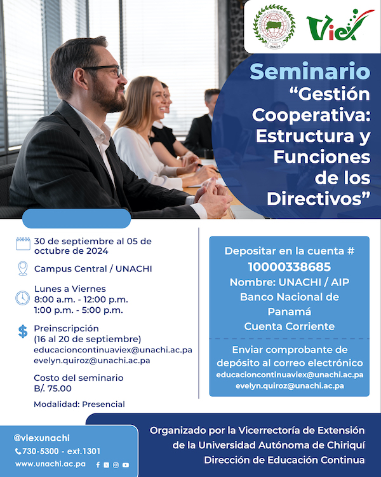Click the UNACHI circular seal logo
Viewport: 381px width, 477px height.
click(274, 27)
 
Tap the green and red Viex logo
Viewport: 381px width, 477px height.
click(340, 25)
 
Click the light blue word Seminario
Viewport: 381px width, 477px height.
click(310, 71)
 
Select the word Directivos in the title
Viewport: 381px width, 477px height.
click(319, 198)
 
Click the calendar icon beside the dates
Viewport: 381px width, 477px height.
click(23, 244)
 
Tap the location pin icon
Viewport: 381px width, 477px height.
click(23, 268)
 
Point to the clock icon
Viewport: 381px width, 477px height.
click(22, 298)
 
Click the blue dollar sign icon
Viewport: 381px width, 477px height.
click(23, 331)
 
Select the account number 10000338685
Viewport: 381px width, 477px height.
click(290, 267)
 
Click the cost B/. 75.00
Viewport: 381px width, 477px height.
click(53, 389)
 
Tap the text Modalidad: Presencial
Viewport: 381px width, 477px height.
click(79, 404)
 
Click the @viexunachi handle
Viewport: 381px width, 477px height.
click(42, 438)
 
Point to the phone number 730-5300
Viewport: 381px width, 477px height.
click(41, 451)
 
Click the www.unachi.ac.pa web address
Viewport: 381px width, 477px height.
click(50, 464)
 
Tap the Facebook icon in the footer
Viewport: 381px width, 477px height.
click(98, 465)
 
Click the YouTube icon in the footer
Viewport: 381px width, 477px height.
click(126, 465)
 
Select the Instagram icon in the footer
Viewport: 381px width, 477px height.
click(116, 465)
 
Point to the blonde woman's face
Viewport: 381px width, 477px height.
click(159, 100)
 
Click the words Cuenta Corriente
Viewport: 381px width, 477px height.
click(290, 326)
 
